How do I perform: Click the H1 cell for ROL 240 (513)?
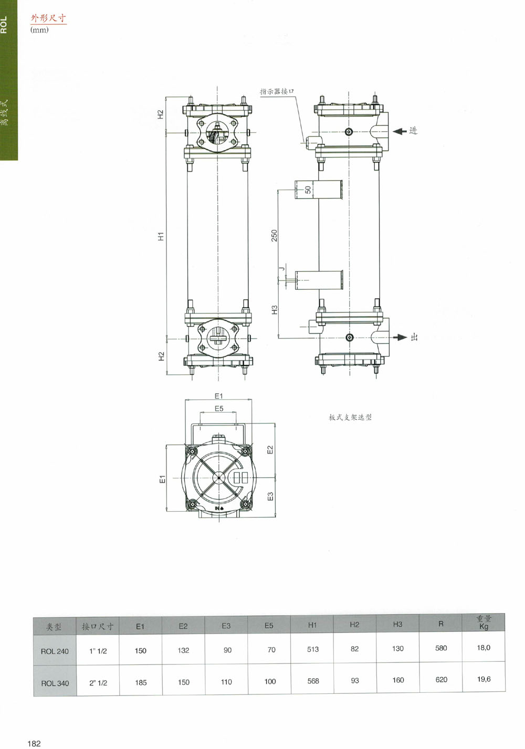click(x=313, y=649)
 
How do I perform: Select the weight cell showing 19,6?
click(x=484, y=679)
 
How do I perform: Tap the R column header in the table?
click(x=440, y=624)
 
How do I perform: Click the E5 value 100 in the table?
click(x=270, y=681)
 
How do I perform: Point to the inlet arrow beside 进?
click(x=400, y=131)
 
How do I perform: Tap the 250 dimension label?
click(x=274, y=236)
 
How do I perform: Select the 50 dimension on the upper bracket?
click(x=308, y=189)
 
